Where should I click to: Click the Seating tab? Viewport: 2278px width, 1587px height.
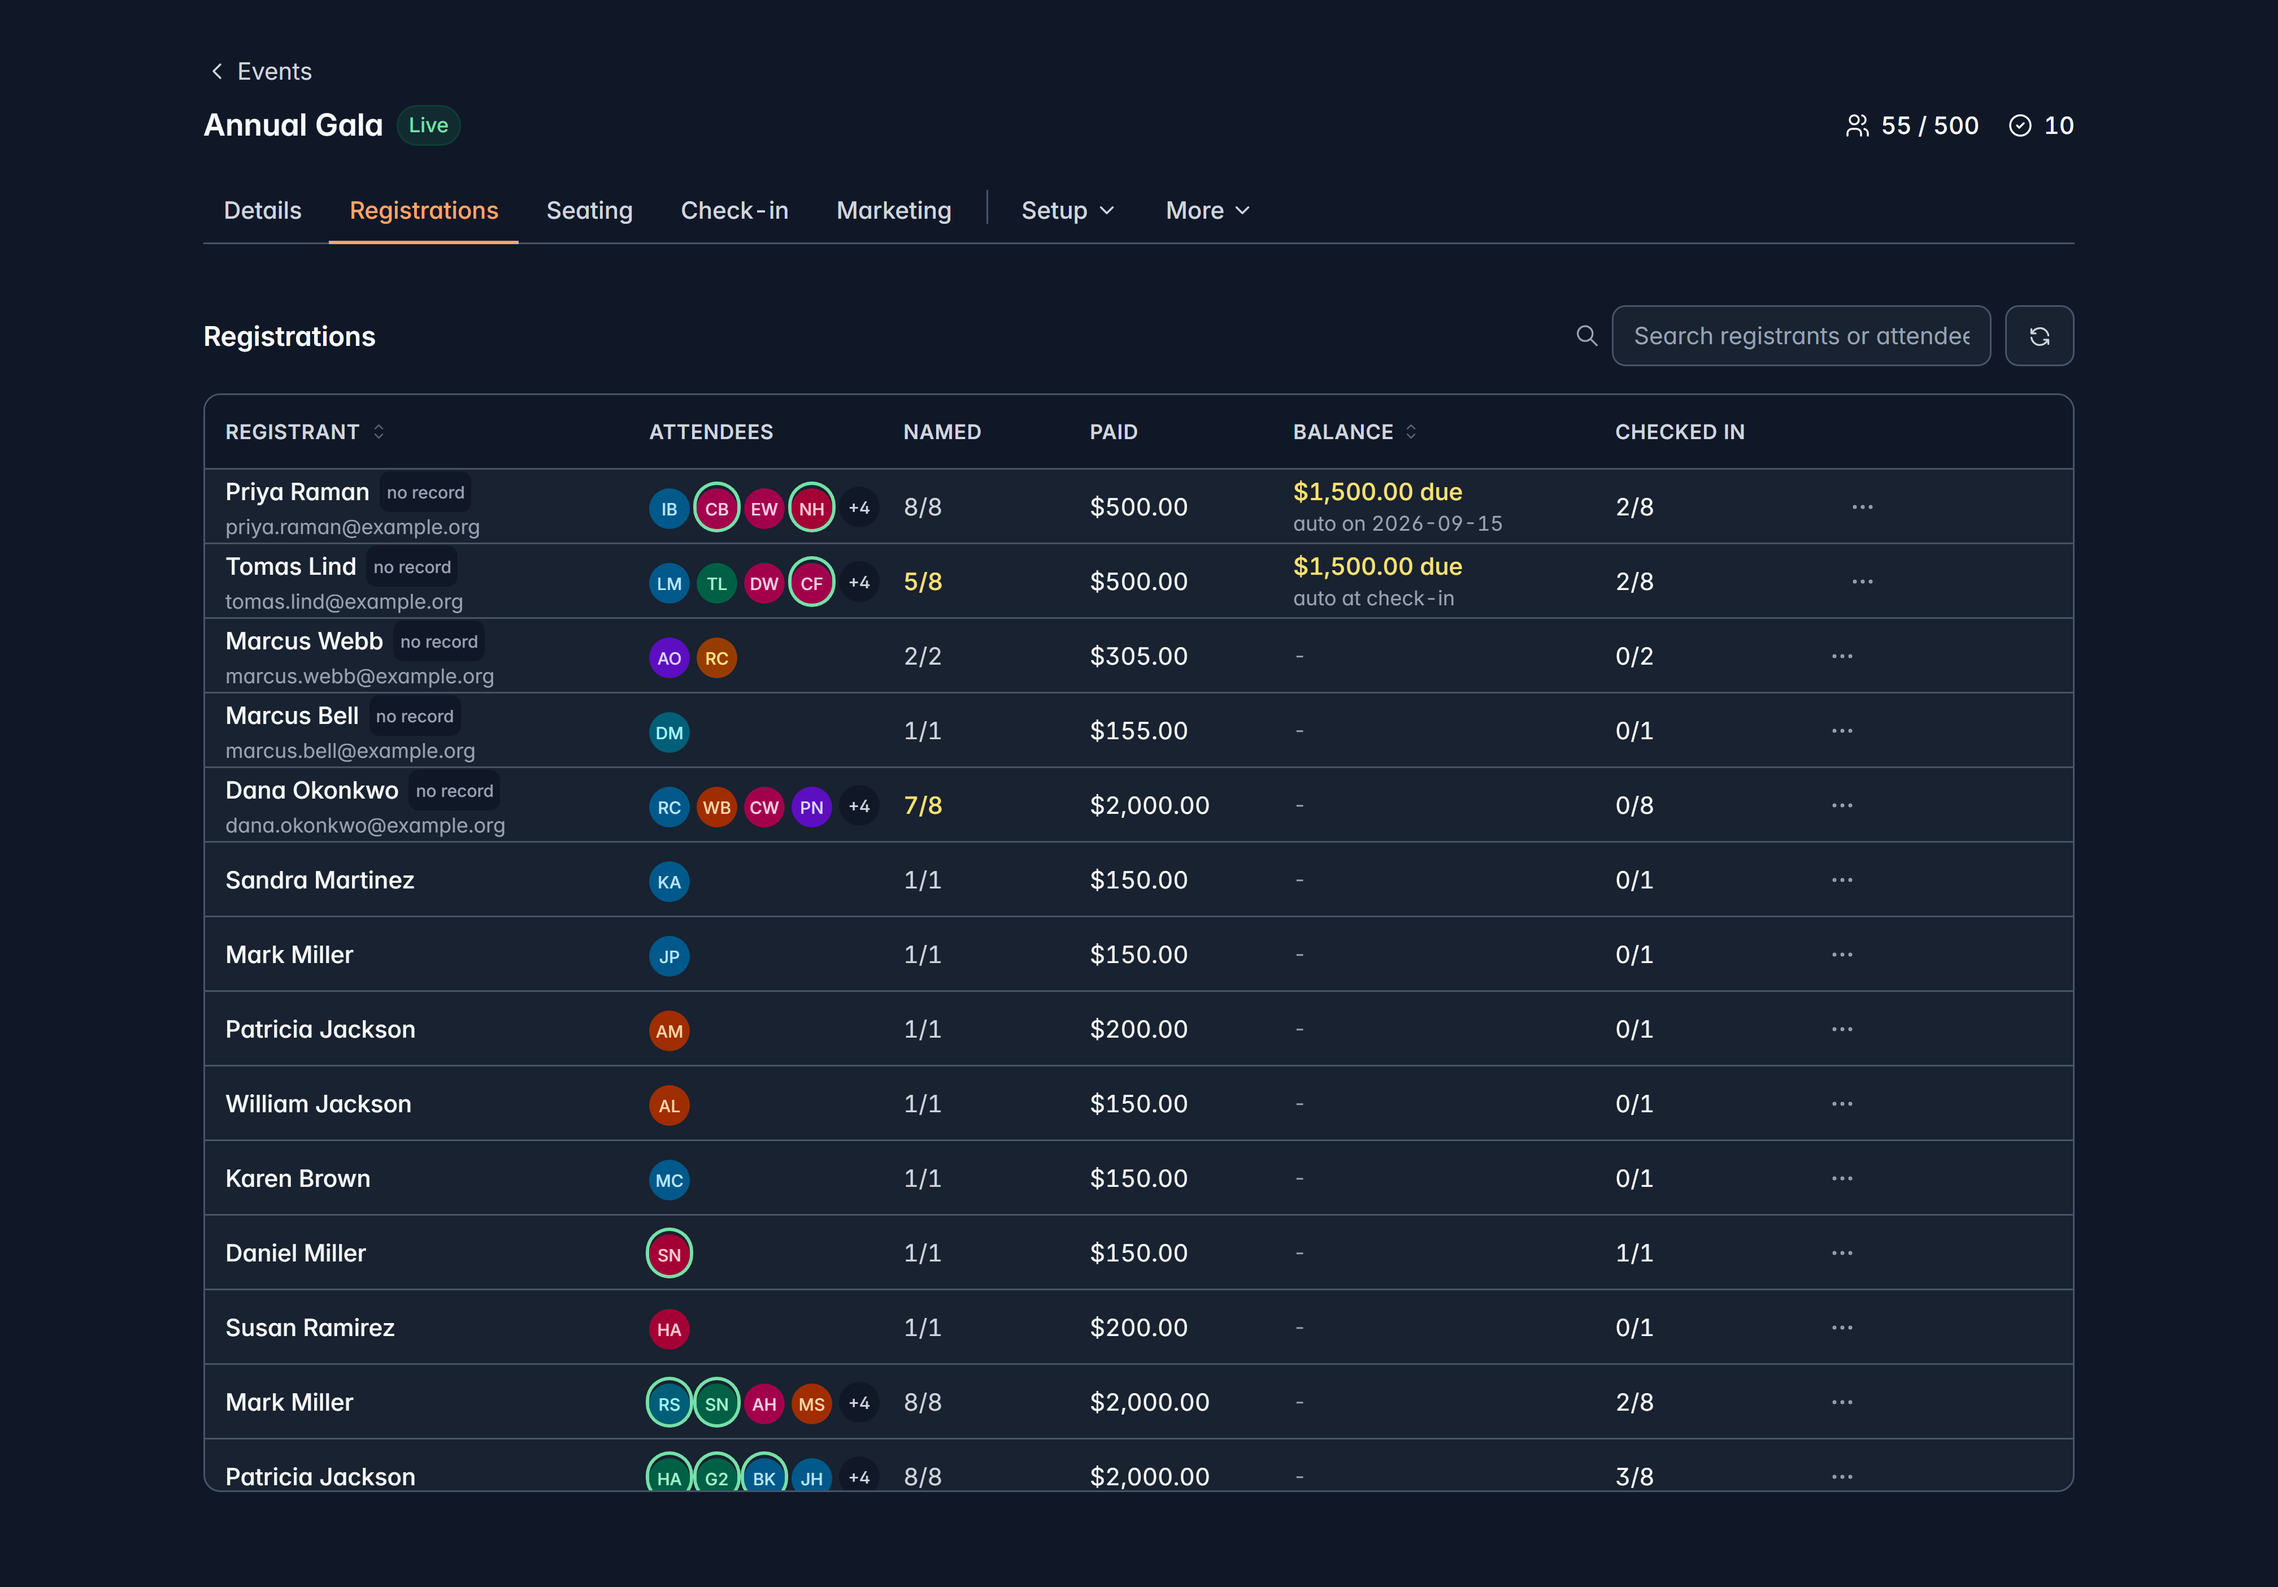click(589, 210)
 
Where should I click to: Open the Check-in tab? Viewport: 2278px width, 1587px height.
click(734, 210)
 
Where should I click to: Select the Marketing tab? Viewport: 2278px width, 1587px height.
click(894, 210)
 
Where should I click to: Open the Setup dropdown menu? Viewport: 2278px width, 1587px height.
click(1068, 210)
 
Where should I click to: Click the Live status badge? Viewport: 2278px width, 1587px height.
click(429, 125)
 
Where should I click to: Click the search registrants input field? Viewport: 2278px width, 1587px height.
click(1801, 336)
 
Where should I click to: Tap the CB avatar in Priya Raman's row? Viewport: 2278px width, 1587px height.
click(716, 508)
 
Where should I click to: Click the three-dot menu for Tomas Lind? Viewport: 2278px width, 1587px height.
click(1862, 582)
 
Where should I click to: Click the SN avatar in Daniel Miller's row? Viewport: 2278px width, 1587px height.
click(670, 1254)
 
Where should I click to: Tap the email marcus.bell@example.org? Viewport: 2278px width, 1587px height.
click(350, 751)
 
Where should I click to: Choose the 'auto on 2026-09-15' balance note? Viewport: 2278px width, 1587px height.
click(1398, 523)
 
